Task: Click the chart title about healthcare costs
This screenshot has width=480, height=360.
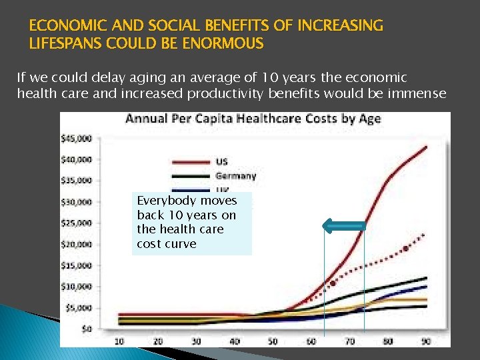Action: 253,119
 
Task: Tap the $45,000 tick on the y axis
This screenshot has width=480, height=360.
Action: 76,139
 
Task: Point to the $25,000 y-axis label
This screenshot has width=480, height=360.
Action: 76,223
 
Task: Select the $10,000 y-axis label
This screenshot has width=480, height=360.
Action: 76,287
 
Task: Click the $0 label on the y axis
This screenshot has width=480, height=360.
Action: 87,329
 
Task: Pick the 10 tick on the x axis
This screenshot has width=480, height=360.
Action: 119,341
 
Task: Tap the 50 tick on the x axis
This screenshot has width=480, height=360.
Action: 273,341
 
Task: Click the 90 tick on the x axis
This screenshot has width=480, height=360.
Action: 426,341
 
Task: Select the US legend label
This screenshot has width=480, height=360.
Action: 221,161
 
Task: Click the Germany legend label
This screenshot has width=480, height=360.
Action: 235,176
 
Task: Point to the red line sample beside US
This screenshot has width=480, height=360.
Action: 191,161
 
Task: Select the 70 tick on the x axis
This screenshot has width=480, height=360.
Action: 349,341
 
